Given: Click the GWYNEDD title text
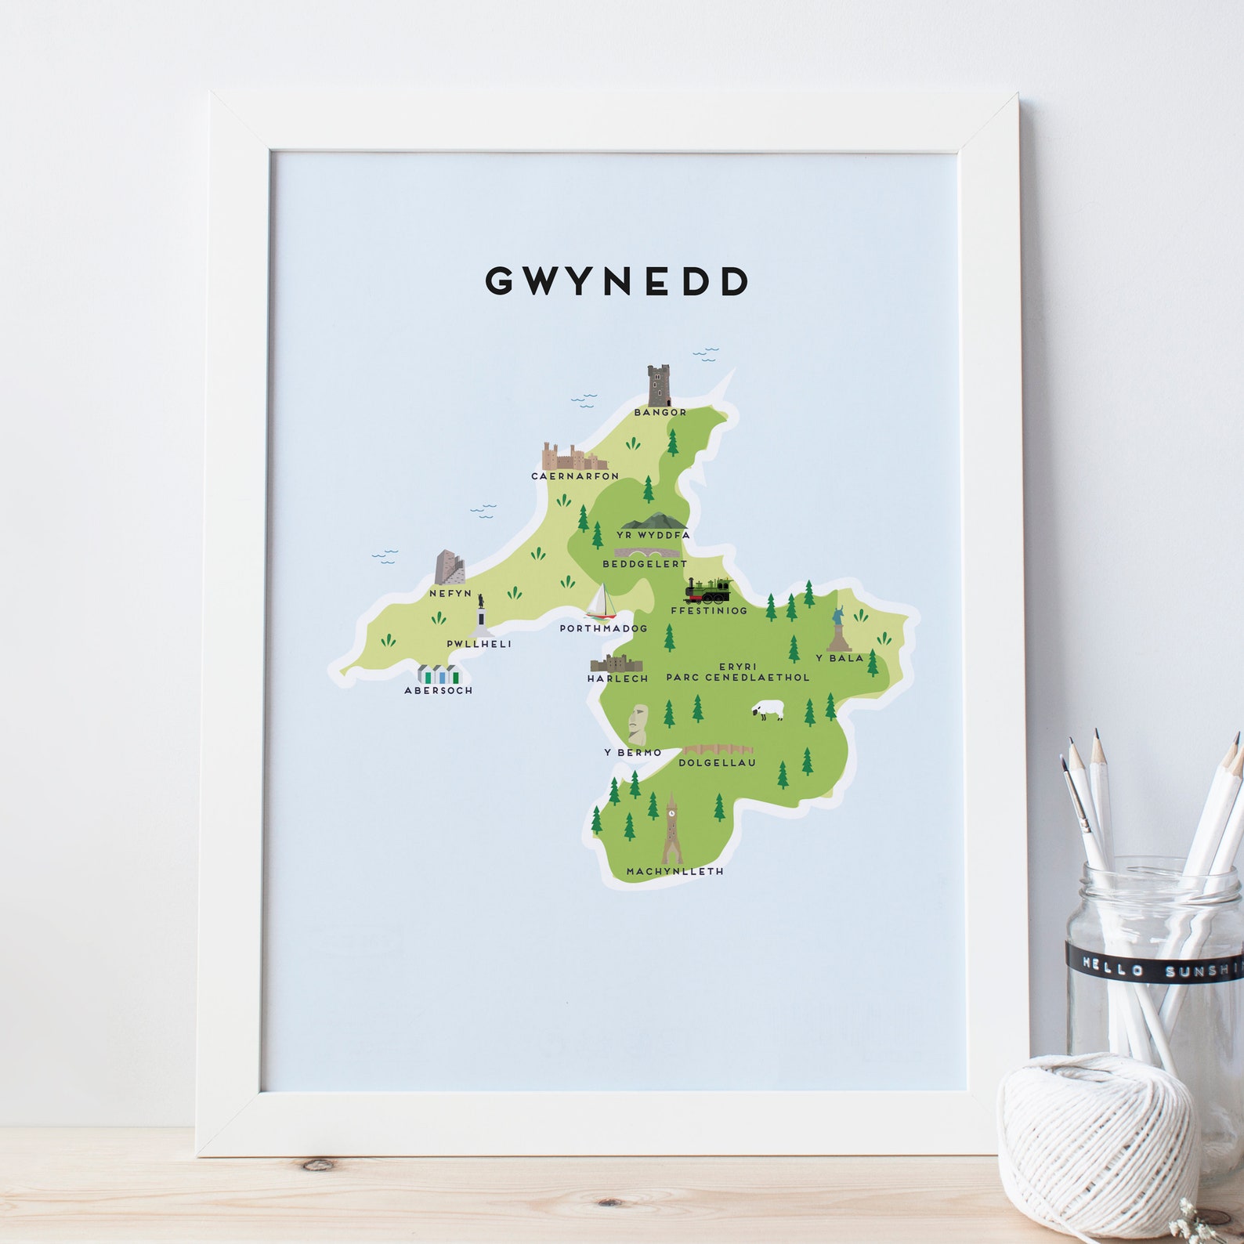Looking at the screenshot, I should pyautogui.click(x=617, y=281).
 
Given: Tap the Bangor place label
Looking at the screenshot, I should pyautogui.click(x=660, y=412).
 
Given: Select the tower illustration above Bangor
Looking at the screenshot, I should pyautogui.click(x=660, y=385).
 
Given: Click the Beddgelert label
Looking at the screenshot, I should pyautogui.click(x=644, y=564).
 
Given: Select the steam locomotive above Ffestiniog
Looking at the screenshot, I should pyautogui.click(x=708, y=591).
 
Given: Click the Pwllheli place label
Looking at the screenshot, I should pyautogui.click(x=479, y=644).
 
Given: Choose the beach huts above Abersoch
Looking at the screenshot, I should pyautogui.click(x=438, y=674).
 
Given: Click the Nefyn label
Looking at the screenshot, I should pyautogui.click(x=450, y=594).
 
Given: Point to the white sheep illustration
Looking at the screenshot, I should pyautogui.click(x=768, y=711).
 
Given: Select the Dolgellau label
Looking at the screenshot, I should pyautogui.click(x=717, y=762).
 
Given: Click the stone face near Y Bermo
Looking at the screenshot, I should pyautogui.click(x=638, y=725).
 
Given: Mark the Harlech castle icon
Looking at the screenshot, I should pyautogui.click(x=616, y=664).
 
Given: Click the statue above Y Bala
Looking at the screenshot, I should pyautogui.click(x=839, y=629).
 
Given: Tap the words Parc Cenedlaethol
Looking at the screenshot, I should pyautogui.click(x=737, y=678).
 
